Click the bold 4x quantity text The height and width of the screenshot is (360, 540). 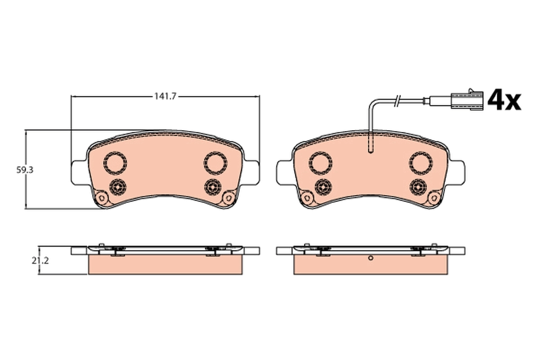coord(504,100)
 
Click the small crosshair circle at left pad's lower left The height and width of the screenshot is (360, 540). coord(118,186)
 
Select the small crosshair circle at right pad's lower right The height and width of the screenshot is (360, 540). coord(418,186)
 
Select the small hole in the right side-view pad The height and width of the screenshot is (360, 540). coord(370,258)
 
